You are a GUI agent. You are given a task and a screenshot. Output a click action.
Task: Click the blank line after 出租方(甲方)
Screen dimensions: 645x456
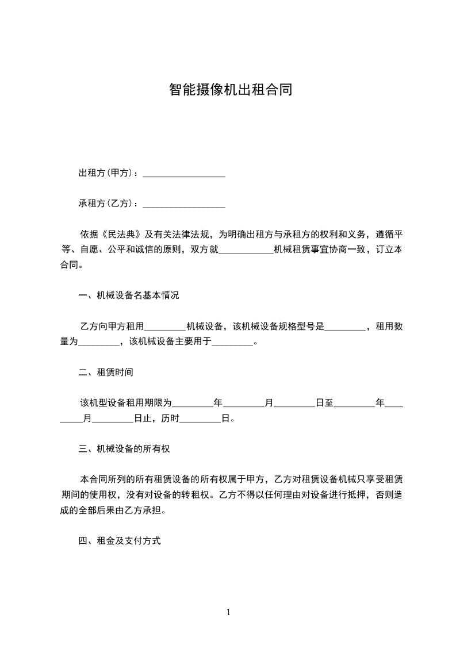pos(183,173)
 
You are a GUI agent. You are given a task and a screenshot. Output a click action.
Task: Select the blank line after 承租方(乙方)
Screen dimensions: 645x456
pos(183,204)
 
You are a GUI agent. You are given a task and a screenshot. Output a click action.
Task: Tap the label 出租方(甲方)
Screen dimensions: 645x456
pos(107,173)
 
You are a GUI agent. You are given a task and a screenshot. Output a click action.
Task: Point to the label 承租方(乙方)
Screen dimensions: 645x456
pos(107,204)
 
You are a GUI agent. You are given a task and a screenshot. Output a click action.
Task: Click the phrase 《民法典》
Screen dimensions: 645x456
pos(121,235)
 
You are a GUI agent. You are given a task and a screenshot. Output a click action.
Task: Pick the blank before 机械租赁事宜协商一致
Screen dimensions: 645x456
pos(247,250)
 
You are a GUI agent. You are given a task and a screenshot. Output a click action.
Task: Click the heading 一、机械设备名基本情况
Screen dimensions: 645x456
pos(129,296)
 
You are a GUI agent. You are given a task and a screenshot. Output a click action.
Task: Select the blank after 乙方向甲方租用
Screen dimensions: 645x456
pos(165,327)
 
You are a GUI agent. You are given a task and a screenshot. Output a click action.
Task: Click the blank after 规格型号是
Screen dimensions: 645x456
pos(345,327)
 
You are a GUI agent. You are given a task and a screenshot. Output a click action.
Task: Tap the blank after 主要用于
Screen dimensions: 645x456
pos(233,342)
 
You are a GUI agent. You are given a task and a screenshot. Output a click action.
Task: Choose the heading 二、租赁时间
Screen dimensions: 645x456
pos(106,373)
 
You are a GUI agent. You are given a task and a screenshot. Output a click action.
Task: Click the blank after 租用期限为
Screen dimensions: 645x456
pos(192,403)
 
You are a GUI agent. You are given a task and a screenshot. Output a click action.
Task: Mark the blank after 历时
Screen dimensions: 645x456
pos(201,419)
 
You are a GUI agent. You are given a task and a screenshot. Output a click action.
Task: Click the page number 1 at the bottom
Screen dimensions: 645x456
pos(228,612)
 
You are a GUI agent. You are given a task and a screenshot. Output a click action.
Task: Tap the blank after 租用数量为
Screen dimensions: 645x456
pos(98,342)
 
